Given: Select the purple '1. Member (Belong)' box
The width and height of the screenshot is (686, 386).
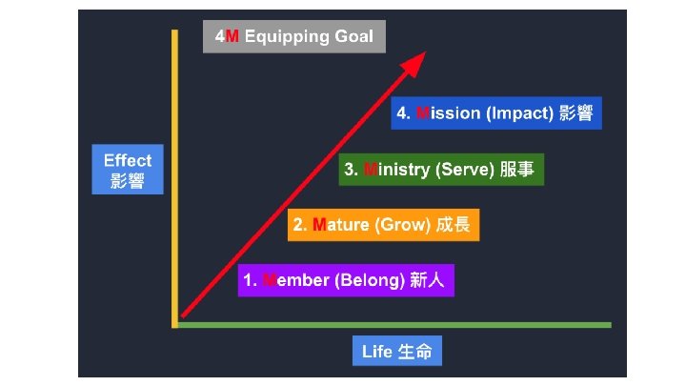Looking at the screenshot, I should [x=346, y=280].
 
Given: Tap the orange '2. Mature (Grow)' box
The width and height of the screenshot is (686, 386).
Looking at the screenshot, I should [x=384, y=225].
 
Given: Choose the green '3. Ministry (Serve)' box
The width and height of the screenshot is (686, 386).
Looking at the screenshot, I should [x=441, y=170].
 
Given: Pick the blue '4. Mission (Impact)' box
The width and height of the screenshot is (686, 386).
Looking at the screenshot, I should [x=495, y=113].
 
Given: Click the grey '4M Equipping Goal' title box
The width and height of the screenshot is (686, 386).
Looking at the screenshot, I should [x=293, y=37].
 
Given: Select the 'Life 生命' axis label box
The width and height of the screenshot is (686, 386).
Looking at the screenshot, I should [x=396, y=351].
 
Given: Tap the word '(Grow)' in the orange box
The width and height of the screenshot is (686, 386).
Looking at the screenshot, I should [x=405, y=225].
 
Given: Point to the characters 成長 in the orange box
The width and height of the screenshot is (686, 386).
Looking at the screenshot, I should [x=454, y=225].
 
